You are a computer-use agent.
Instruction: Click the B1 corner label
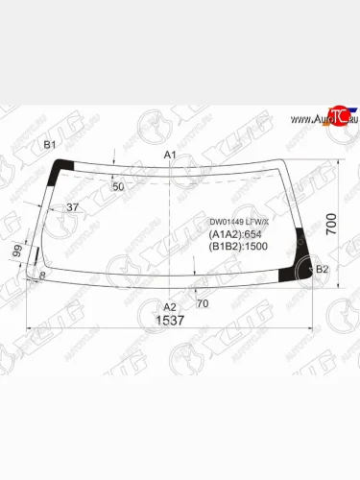point(48,145)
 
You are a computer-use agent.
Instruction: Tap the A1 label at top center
point(171,155)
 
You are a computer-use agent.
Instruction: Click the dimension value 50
point(118,186)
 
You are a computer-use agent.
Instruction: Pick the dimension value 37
point(72,207)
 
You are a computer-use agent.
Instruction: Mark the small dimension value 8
point(42,276)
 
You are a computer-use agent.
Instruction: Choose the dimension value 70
point(202,304)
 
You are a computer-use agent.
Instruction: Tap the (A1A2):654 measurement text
point(235,233)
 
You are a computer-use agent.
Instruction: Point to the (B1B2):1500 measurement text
point(237,246)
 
